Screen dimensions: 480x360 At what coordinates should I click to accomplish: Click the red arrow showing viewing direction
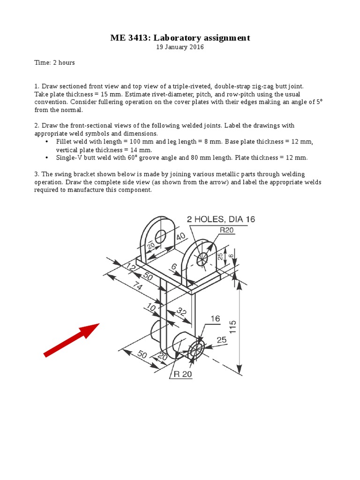(71, 340)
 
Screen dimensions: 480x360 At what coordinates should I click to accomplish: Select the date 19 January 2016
(180, 48)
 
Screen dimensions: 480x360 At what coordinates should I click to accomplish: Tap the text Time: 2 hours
(54, 63)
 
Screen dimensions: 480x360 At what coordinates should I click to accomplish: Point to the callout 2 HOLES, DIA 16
(221, 219)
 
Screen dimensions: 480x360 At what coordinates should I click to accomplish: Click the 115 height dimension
(232, 327)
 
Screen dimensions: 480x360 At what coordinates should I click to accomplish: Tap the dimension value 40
(181, 237)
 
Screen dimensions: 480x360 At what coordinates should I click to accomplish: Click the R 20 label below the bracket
(183, 374)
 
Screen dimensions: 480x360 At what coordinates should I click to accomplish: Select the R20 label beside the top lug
(227, 229)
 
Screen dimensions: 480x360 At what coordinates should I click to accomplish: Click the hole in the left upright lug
(161, 236)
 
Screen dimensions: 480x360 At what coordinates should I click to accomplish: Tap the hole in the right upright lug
(203, 258)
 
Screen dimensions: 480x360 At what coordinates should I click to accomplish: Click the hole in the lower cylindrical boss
(196, 347)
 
